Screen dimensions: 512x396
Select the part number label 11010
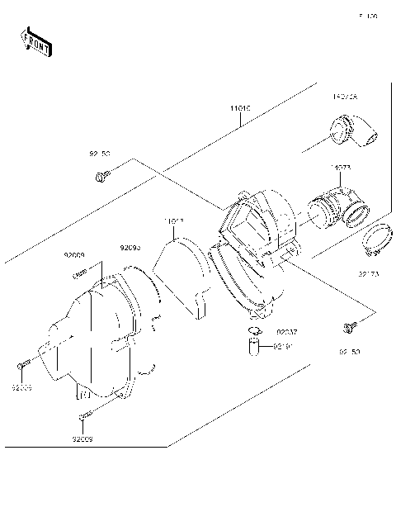240,108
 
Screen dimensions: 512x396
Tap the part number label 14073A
345,97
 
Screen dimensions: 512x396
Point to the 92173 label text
368,273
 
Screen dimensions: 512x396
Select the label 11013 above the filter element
173,220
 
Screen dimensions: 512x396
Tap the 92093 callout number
130,247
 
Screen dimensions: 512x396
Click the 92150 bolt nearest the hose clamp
351,329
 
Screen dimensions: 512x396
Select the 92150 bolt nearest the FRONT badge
102,175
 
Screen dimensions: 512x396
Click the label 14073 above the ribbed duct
341,168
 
